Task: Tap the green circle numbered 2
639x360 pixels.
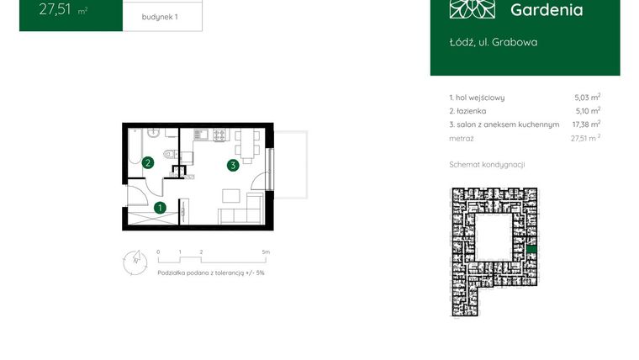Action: click(x=147, y=163)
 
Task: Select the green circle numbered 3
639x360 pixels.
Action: click(x=232, y=166)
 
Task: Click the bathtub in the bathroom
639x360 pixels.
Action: click(x=133, y=154)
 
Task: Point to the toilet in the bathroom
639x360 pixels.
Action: click(x=170, y=153)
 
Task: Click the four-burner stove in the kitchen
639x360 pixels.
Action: click(x=219, y=135)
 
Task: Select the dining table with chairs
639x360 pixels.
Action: click(x=245, y=145)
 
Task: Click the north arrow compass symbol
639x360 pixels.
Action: click(x=135, y=262)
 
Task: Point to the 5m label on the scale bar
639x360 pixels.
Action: click(x=266, y=251)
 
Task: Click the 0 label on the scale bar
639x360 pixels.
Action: click(x=158, y=251)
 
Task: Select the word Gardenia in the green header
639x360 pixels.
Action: click(x=547, y=10)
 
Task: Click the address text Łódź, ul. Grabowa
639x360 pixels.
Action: click(x=494, y=42)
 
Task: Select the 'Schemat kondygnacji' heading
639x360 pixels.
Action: click(x=487, y=165)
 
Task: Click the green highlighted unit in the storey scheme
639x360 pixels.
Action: click(x=531, y=249)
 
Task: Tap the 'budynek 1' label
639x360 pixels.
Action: click(x=160, y=16)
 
